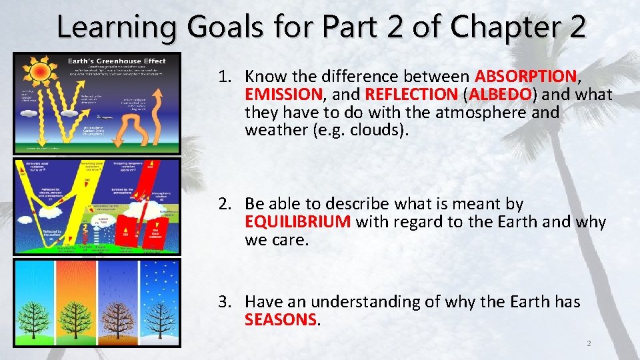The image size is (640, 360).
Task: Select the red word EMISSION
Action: pos(283,95)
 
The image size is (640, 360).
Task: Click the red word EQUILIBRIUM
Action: pos(297,222)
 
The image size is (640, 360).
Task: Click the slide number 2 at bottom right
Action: pos(588,343)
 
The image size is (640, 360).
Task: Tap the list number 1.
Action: pos(224,77)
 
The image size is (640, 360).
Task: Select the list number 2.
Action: pos(224,203)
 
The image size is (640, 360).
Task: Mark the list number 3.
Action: pos(224,302)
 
